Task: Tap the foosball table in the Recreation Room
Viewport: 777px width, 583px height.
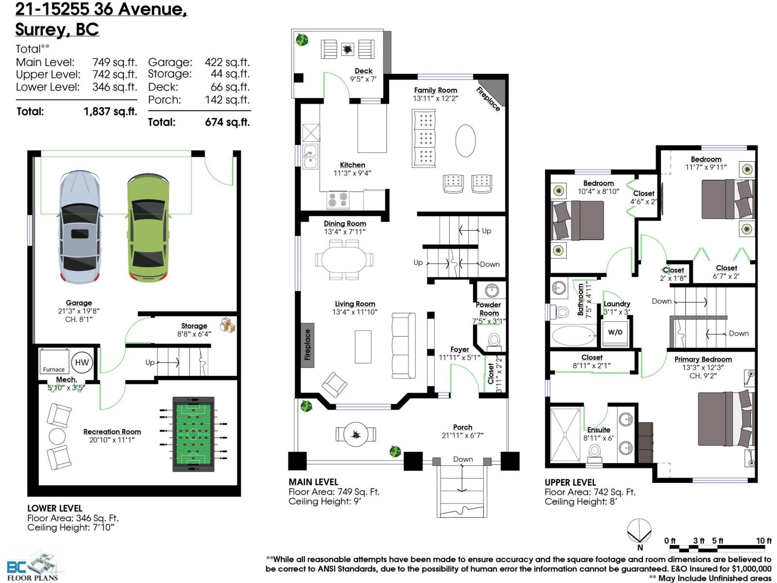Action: pyautogui.click(x=193, y=434)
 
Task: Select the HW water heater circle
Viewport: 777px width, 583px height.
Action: pyautogui.click(x=82, y=362)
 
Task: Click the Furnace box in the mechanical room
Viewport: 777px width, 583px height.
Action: pyautogui.click(x=54, y=361)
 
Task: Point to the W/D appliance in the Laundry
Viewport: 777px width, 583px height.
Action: pyautogui.click(x=615, y=332)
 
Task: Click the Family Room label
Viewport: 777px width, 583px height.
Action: pyautogui.click(x=436, y=90)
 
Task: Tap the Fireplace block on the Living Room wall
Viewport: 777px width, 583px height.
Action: pyautogui.click(x=307, y=345)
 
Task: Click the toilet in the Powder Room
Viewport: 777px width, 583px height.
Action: pyautogui.click(x=494, y=340)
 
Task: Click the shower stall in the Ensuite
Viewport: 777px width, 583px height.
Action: pyautogui.click(x=565, y=435)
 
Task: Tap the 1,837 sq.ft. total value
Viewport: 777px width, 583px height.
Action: pyautogui.click(x=110, y=112)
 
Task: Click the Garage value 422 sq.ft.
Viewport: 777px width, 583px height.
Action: pyautogui.click(x=227, y=62)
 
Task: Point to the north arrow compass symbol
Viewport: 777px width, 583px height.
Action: pyautogui.click(x=639, y=531)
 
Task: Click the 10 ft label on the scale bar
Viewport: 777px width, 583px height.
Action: pyautogui.click(x=763, y=541)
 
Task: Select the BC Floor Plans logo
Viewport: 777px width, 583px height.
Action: pyautogui.click(x=34, y=566)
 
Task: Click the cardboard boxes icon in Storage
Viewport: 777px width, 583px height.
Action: pyautogui.click(x=227, y=325)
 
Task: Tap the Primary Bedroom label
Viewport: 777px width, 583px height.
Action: pyautogui.click(x=703, y=360)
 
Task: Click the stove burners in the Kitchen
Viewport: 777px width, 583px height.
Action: pyautogui.click(x=338, y=200)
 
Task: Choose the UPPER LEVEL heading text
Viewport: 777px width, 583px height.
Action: pyautogui.click(x=570, y=482)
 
